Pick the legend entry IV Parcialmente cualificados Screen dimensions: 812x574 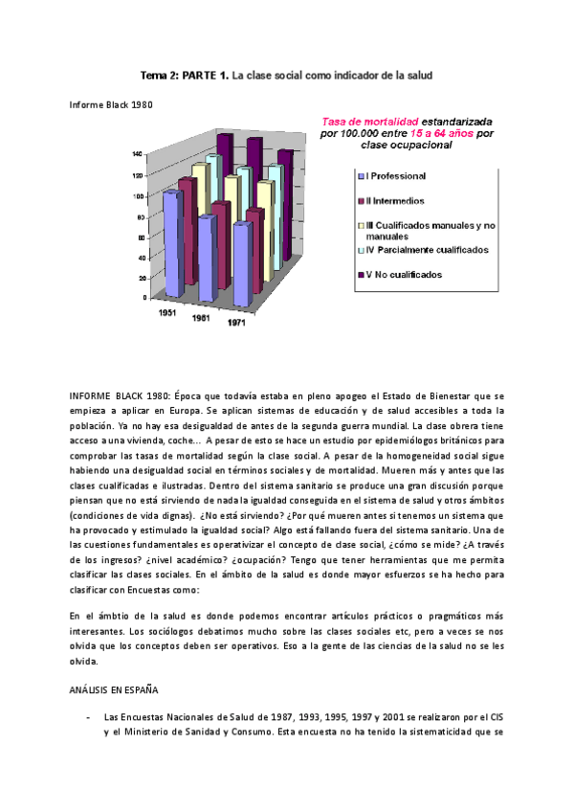[x=427, y=250]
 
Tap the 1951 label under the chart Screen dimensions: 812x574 [x=166, y=312]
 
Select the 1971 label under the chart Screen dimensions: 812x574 [x=235, y=324]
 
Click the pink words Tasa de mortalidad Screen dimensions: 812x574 [x=369, y=122]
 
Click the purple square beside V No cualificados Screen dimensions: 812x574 [x=361, y=275]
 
